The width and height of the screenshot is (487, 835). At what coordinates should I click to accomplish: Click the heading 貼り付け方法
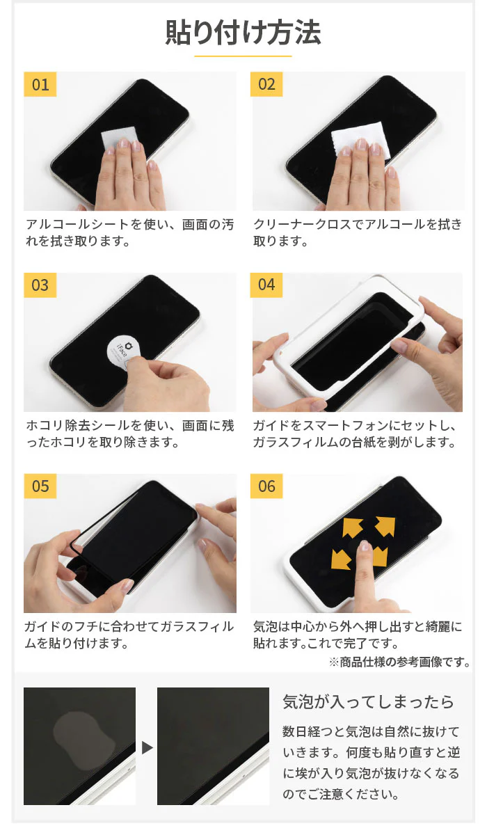243,33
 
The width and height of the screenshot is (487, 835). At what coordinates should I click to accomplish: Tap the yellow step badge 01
40,84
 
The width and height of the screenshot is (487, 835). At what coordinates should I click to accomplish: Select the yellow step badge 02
267,84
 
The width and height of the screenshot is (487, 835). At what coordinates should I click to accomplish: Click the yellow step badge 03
40,285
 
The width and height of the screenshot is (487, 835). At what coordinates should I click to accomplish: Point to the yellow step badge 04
267,285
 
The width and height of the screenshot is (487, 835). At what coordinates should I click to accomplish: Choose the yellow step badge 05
40,486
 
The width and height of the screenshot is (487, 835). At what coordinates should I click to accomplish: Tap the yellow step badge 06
267,486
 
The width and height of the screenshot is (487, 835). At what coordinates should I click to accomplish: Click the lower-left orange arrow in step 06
342,558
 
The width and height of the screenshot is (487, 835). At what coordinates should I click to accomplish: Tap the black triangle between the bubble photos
147,747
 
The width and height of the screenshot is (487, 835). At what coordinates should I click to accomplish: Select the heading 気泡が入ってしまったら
368,701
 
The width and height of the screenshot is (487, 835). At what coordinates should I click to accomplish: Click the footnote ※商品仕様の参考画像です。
399,662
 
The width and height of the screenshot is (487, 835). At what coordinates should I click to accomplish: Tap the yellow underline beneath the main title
243,56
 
